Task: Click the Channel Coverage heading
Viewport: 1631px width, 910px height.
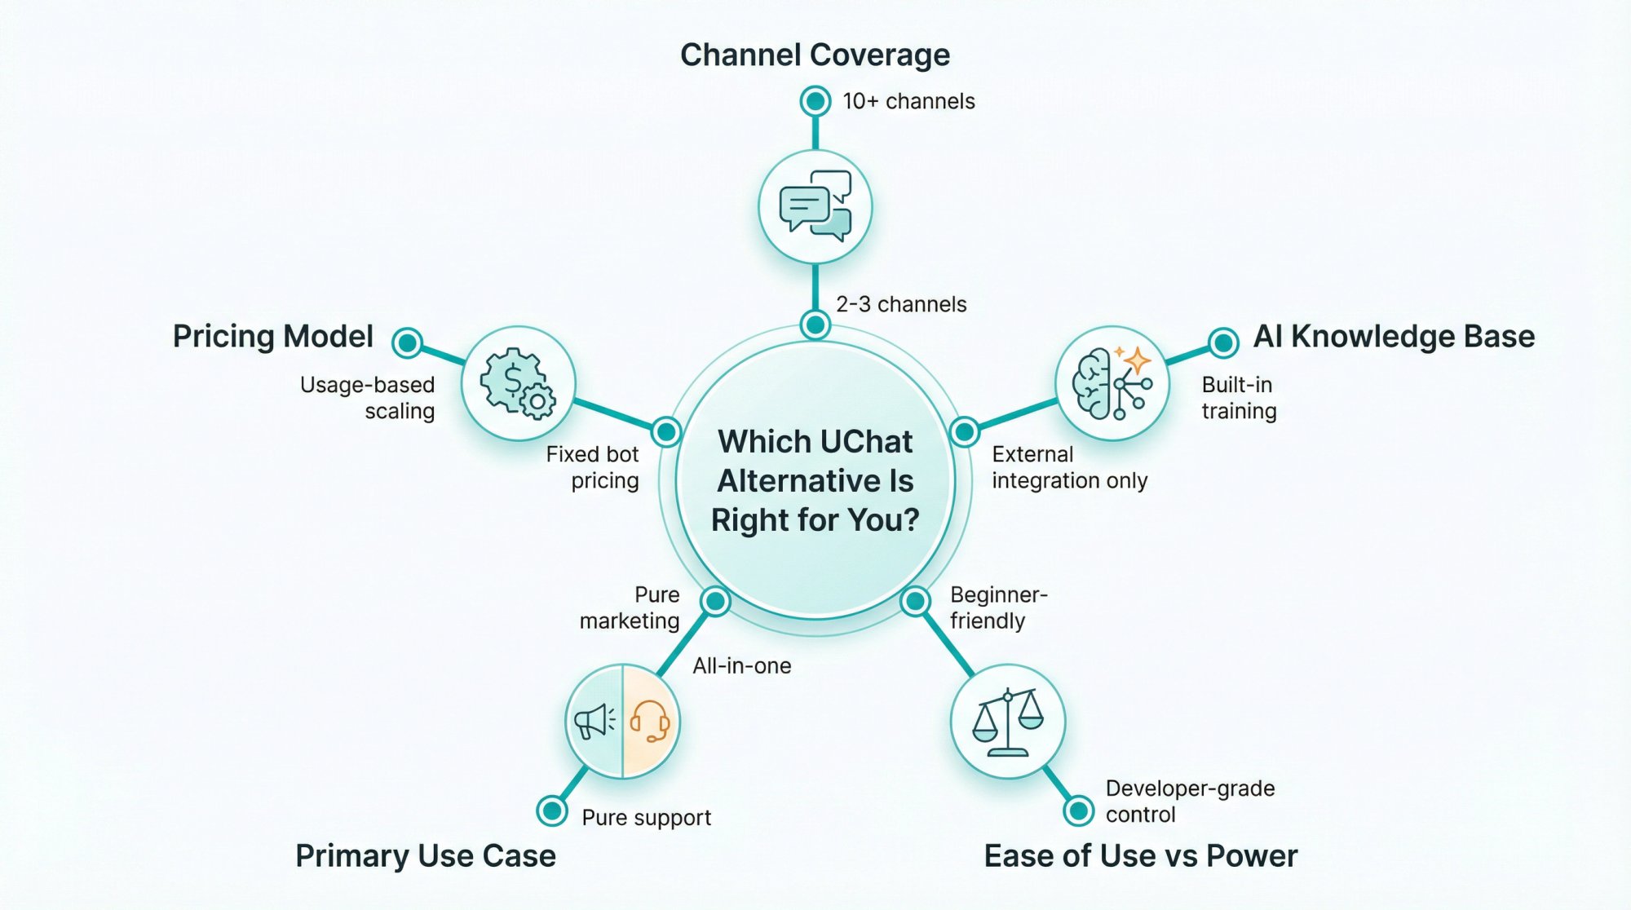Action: (815, 55)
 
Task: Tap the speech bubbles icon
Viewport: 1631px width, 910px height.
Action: (815, 206)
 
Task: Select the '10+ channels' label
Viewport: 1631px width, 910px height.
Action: (908, 101)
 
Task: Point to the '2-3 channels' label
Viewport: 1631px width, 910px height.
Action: (901, 304)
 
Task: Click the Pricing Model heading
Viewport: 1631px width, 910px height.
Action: (272, 336)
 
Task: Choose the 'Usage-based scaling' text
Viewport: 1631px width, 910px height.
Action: (368, 397)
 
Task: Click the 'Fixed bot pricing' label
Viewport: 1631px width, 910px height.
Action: (593, 466)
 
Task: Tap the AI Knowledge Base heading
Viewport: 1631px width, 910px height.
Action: (1394, 336)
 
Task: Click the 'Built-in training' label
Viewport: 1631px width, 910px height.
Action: (1239, 397)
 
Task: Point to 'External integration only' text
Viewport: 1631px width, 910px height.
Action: (1069, 466)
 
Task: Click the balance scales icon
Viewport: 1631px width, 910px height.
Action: (1008, 721)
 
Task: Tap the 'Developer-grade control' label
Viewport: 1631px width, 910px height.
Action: (1189, 801)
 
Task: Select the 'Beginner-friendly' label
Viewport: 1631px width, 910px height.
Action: (997, 607)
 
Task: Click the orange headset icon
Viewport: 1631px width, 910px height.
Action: (650, 721)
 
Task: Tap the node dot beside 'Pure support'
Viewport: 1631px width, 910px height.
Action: (552, 811)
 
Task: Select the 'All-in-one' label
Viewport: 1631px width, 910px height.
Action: (741, 665)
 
